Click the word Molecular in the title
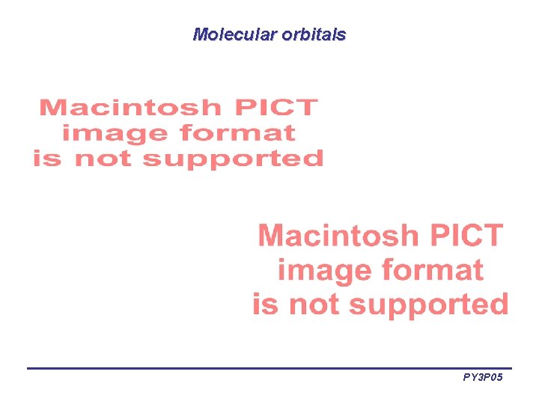click(x=235, y=34)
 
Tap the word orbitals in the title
click(x=314, y=34)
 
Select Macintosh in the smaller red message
click(x=130, y=108)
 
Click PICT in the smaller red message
click(x=276, y=108)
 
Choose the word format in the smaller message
click(x=237, y=133)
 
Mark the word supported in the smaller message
click(x=233, y=159)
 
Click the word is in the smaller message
click(x=46, y=159)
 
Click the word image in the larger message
click(x=325, y=270)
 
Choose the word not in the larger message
click(x=315, y=304)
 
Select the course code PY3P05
click(x=483, y=378)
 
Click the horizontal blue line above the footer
click(x=269, y=368)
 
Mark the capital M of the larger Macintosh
click(x=271, y=236)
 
